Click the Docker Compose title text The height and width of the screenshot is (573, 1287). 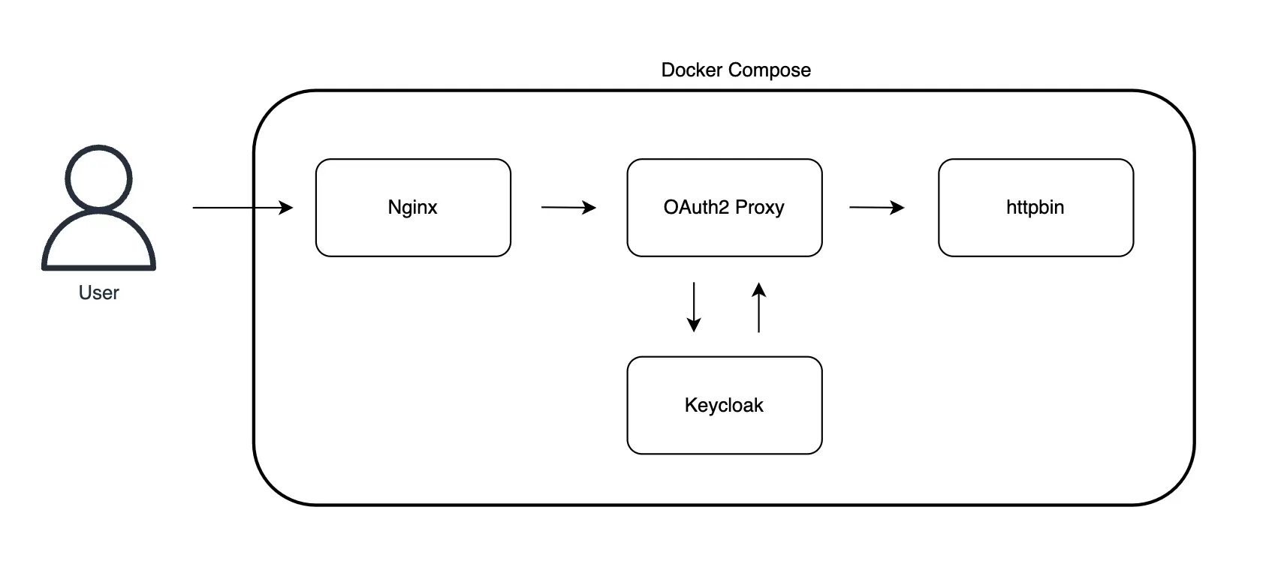[x=735, y=70]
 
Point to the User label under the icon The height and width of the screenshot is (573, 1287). [x=98, y=292]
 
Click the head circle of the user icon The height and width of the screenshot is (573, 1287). [x=98, y=178]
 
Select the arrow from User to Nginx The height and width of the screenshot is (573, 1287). [x=242, y=207]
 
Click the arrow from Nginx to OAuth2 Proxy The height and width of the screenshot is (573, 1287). [x=568, y=207]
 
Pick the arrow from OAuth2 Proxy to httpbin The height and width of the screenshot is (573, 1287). [x=876, y=207]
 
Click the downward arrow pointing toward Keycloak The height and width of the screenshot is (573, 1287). [x=694, y=307]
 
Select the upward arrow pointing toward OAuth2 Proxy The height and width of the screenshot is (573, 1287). [x=759, y=307]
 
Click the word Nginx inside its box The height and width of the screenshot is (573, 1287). [x=412, y=208]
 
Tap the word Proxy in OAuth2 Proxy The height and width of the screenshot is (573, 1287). [x=759, y=208]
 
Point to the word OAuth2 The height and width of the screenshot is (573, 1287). [x=696, y=207]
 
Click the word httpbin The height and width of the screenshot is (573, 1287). [x=1035, y=208]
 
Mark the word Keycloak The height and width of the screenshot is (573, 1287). [x=724, y=406]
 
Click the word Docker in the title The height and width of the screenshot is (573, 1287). [x=691, y=70]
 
